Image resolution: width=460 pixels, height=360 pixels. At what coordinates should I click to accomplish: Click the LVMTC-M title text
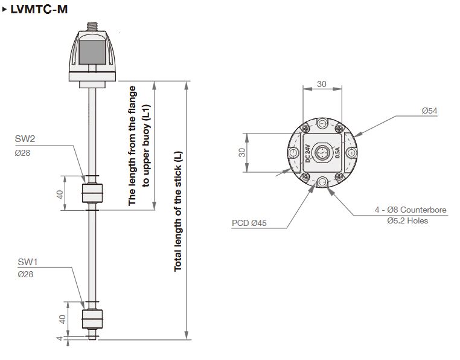pos(39,9)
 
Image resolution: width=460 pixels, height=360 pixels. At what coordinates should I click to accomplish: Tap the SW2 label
pos(25,138)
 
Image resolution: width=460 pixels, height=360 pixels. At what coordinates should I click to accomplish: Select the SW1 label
pos(28,262)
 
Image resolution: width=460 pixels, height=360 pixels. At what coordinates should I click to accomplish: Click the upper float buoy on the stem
pos(92,193)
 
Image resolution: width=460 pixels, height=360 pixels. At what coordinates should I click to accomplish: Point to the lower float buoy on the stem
pos(92,319)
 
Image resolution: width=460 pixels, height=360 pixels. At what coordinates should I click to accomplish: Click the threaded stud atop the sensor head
pos(92,27)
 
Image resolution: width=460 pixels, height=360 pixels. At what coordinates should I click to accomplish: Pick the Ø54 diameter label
pos(429,111)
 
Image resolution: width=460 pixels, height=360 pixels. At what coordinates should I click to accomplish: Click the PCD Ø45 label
pos(249,223)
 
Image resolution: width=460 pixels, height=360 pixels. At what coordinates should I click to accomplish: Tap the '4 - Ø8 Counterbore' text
pos(410,210)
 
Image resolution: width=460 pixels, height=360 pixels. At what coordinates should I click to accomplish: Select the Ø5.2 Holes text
pos(407,221)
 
